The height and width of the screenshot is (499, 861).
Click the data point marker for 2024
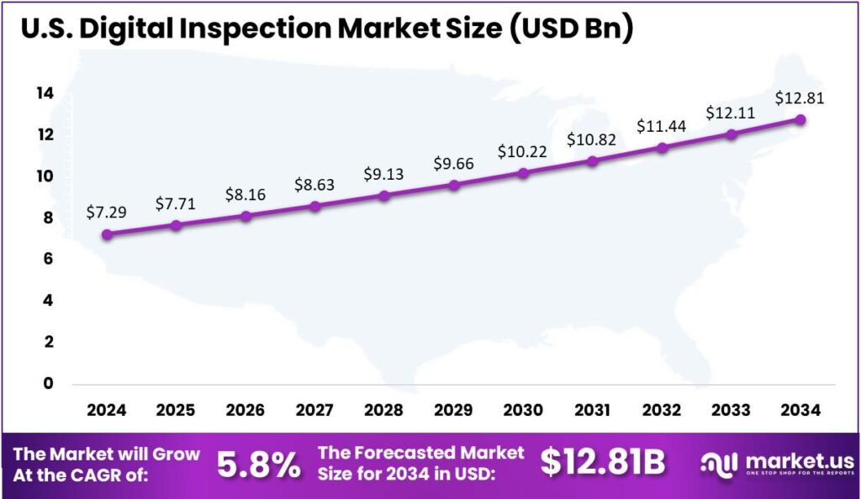pos(107,234)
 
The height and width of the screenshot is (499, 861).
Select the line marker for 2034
pos(800,119)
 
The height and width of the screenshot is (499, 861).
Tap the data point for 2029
pos(454,185)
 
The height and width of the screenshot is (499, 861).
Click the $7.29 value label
pos(107,212)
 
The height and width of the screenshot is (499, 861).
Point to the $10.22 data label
pos(523,151)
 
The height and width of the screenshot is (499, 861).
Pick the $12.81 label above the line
pos(800,97)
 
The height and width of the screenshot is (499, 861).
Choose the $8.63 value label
pos(314,184)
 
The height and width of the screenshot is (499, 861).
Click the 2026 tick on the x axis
pos(245,410)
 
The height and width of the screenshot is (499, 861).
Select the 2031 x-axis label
pos(592,410)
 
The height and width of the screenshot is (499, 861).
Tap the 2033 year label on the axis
pos(731,410)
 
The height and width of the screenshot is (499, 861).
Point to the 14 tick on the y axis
pos(45,93)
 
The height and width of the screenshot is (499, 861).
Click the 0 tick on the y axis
pos(48,384)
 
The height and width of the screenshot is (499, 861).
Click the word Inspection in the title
pos(252,29)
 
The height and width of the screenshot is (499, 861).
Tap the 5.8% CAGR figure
pos(258,463)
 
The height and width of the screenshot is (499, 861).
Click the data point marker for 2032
pos(662,148)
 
